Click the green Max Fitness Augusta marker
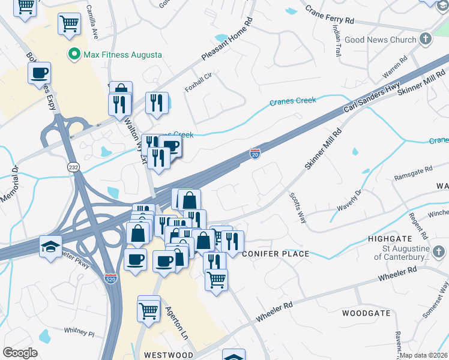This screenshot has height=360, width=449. tap(75, 55)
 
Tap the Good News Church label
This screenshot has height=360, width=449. tap(389, 40)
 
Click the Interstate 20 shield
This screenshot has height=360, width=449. tap(255, 154)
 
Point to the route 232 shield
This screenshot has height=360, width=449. tap(74, 167)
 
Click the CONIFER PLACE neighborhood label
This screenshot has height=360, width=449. tap(276, 254)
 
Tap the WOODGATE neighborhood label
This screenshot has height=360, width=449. tap(366, 313)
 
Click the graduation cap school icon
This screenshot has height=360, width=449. tap(50, 246)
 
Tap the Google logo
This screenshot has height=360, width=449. tap(20, 353)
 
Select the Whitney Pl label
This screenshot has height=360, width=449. tap(79, 331)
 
